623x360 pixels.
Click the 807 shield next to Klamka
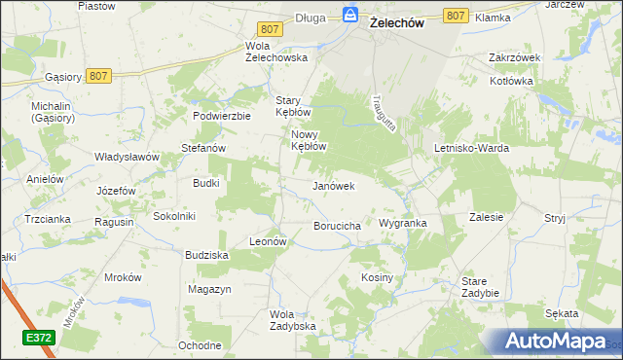point(455,16)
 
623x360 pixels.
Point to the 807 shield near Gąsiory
point(96,74)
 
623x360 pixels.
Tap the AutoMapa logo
point(554,341)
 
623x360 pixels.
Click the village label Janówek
point(333,185)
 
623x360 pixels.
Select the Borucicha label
point(338,226)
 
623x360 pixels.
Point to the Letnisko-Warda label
point(472,148)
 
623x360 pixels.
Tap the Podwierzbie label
point(222,115)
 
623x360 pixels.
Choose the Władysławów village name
point(126,157)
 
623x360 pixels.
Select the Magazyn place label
point(209,290)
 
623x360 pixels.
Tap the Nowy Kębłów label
point(307,141)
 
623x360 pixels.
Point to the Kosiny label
point(377,277)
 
